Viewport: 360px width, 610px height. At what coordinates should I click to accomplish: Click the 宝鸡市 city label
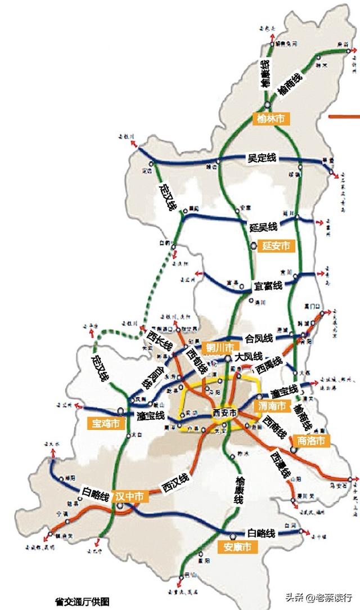106,423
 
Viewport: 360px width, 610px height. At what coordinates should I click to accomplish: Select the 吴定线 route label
262,159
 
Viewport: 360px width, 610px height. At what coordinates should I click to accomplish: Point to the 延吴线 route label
263,227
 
